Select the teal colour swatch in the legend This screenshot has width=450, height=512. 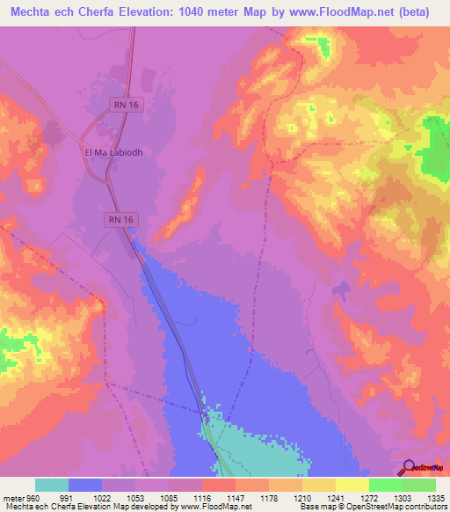52,485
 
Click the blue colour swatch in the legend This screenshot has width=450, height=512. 85,485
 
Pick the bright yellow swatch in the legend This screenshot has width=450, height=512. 352,485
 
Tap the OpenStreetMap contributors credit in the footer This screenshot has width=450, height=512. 397,507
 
